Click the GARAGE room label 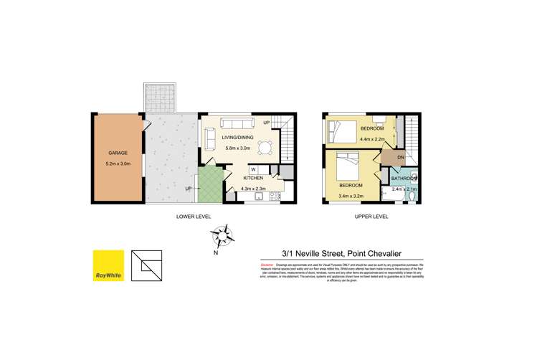coord(118,153)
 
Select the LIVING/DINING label coord(240,138)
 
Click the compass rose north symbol coord(225,235)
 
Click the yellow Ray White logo coord(108,265)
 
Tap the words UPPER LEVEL coord(370,216)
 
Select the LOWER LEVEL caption coord(193,216)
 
